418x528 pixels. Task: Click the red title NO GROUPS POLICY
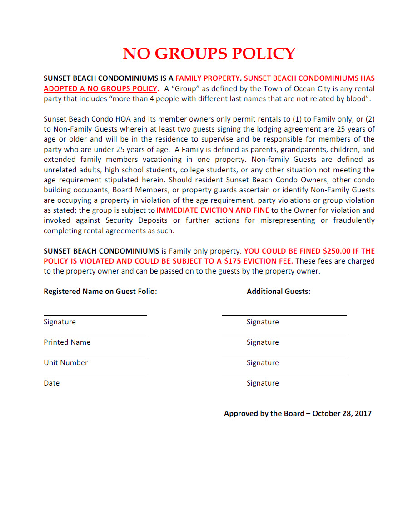pyautogui.click(x=209, y=54)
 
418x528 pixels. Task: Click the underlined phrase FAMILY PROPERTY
pyautogui.click(x=207, y=78)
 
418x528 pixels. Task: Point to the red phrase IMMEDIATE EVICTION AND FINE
pyautogui.click(x=213, y=210)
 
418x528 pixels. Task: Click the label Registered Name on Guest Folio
pyautogui.click(x=100, y=291)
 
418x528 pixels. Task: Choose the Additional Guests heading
pyautogui.click(x=279, y=291)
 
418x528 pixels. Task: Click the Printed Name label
pyautogui.click(x=67, y=342)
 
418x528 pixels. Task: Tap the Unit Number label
pyautogui.click(x=65, y=362)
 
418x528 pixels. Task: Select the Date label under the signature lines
pyautogui.click(x=51, y=383)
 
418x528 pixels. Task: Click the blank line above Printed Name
pyautogui.click(x=95, y=336)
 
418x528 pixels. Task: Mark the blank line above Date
pyautogui.click(x=95, y=376)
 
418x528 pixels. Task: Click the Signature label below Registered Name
pyautogui.click(x=60, y=322)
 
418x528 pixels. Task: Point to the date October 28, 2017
pyautogui.click(x=342, y=413)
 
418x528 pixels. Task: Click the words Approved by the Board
pyautogui.click(x=264, y=413)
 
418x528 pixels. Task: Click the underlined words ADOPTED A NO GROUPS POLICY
pyautogui.click(x=100, y=88)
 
